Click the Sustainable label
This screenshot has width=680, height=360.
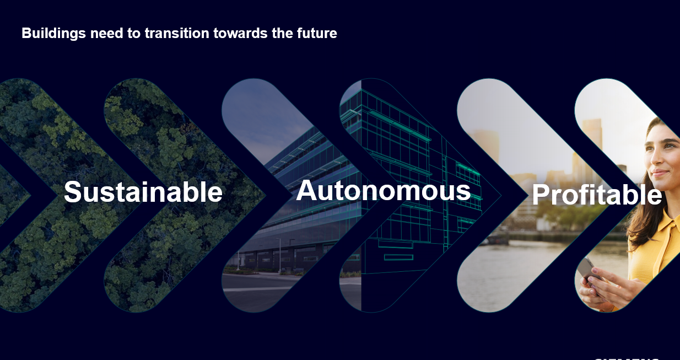tap(143, 192)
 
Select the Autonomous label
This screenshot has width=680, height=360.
tap(383, 191)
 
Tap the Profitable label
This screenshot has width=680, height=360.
tap(596, 195)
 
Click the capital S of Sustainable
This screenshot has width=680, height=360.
tap(73, 192)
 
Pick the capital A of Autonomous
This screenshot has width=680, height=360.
tap(306, 191)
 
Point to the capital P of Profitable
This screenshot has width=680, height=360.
tap(542, 195)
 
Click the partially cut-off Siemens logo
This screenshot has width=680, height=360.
tap(626, 357)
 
